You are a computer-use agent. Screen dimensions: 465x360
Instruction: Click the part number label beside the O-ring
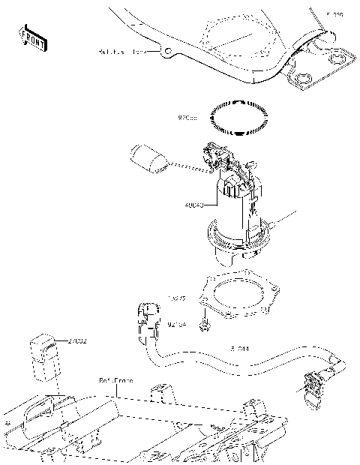point(187,118)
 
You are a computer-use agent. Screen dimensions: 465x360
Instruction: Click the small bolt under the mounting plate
point(204,324)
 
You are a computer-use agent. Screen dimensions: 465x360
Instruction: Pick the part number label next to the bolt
point(178,325)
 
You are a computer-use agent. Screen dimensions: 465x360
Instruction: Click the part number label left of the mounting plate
point(176,298)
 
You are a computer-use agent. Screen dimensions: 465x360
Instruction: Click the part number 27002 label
point(77,341)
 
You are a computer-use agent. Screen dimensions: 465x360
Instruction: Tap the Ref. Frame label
point(116,380)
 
